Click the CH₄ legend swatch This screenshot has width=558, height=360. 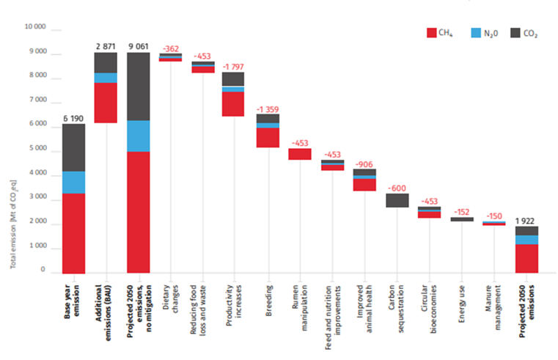pyautogui.click(x=432, y=33)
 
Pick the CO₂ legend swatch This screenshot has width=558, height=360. pyautogui.click(x=514, y=33)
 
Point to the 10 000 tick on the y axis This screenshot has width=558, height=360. pyautogui.click(x=35, y=27)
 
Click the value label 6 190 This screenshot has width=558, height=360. pyautogui.click(x=73, y=117)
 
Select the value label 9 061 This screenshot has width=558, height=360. pyautogui.click(x=139, y=45)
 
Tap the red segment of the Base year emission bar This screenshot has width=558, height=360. pyautogui.click(x=73, y=233)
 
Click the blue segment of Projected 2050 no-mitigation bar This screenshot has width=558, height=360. pyautogui.click(x=139, y=136)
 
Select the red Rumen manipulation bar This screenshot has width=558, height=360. pyautogui.click(x=299, y=154)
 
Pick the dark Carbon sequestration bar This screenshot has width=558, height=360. pyautogui.click(x=397, y=200)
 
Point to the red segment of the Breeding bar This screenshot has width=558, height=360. pyautogui.click(x=267, y=138)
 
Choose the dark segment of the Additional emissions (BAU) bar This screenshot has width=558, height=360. pyautogui.click(x=106, y=63)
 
